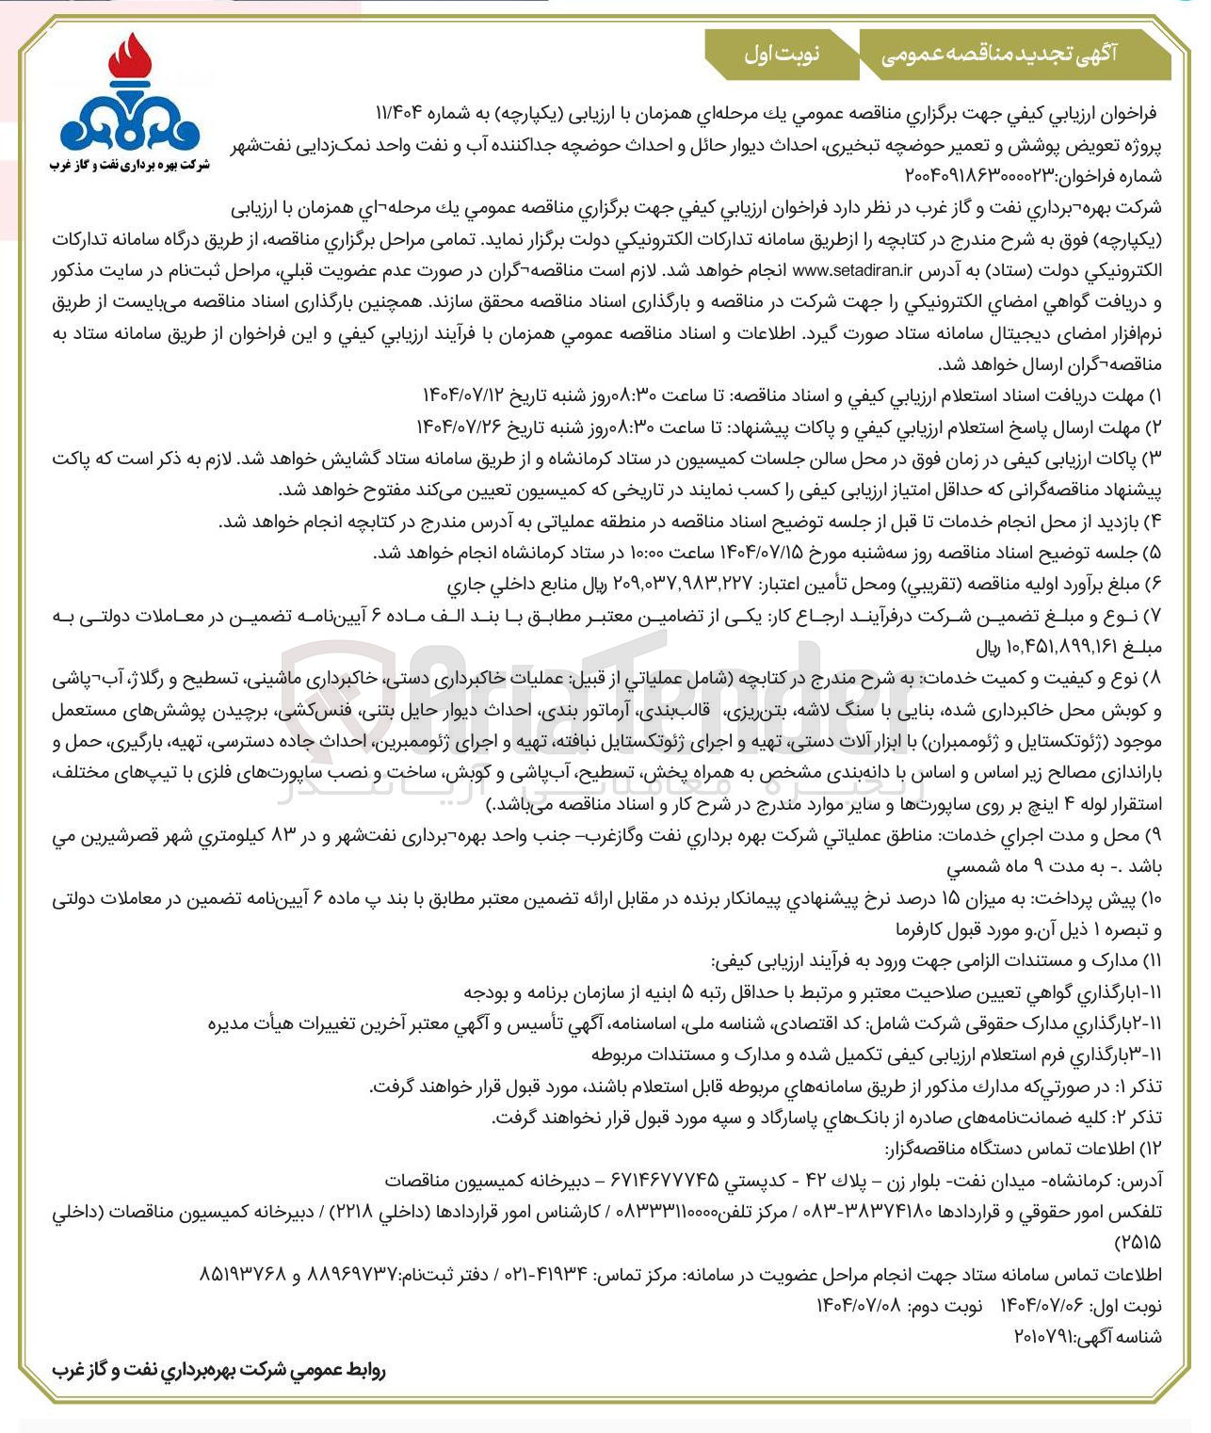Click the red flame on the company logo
click(x=130, y=58)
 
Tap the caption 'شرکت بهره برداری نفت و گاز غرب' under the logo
click(x=130, y=166)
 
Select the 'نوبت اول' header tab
click(x=782, y=55)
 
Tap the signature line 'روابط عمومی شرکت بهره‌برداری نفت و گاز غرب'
click(x=218, y=1370)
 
